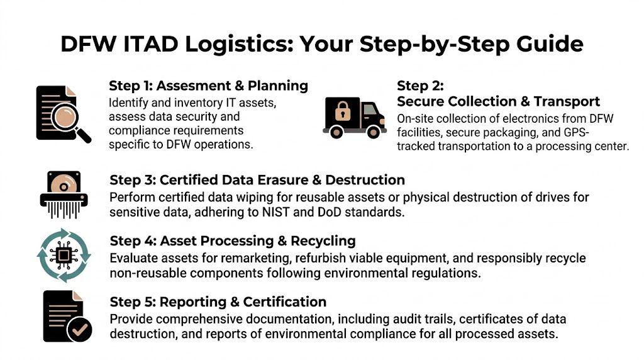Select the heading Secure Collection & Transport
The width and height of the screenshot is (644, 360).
point(498,101)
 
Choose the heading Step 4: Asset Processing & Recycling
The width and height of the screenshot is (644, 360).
point(233,241)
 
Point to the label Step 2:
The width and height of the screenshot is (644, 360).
point(420,86)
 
